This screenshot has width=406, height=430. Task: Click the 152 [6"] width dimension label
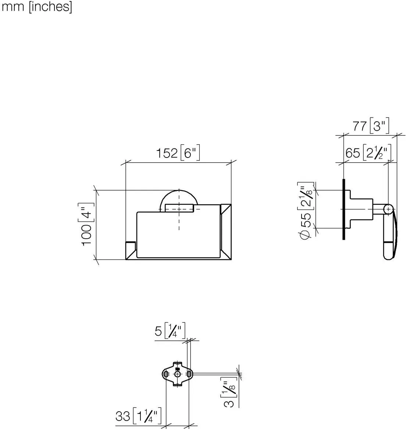[x=178, y=153]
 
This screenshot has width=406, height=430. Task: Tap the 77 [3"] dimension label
[x=371, y=126]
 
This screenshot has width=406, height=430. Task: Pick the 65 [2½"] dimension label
[x=368, y=152]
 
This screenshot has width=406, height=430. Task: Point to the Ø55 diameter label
[x=306, y=211]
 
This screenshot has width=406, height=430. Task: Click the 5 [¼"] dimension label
[x=170, y=331]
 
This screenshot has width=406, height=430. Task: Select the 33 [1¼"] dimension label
[x=138, y=416]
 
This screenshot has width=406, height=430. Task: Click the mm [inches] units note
[x=37, y=7]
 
